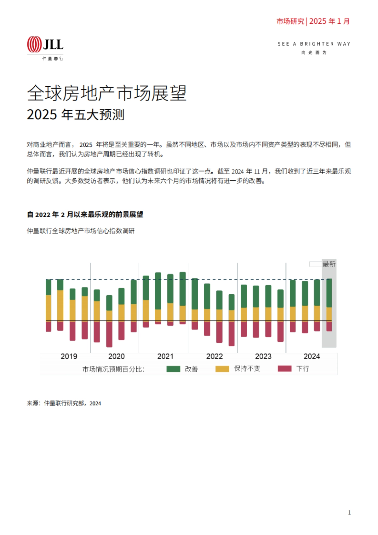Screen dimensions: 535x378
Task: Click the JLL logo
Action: point(45,44)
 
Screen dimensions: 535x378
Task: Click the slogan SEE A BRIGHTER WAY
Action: point(314,44)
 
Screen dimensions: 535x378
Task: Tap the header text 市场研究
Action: point(290,21)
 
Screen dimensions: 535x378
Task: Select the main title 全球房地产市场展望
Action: point(107,93)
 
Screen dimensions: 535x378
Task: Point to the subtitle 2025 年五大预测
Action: point(76,114)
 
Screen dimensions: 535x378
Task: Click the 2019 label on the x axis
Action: point(69,356)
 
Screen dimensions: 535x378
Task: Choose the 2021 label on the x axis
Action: point(165,356)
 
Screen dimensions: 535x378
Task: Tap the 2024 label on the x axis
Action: point(312,356)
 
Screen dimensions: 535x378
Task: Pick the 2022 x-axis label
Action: point(214,356)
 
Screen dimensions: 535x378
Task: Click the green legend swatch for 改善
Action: point(173,369)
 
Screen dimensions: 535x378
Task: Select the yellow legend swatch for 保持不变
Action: point(222,369)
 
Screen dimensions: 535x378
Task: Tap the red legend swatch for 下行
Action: point(284,369)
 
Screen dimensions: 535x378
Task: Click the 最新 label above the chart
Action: point(329,264)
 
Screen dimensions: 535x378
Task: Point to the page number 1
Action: point(349,513)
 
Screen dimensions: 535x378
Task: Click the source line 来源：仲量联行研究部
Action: point(64,403)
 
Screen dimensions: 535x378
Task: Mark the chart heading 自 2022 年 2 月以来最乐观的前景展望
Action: point(85,215)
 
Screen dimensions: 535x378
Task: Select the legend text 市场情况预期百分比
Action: point(113,369)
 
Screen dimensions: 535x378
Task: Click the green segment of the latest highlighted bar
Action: point(329,293)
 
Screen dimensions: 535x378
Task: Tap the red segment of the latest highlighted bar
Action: point(329,326)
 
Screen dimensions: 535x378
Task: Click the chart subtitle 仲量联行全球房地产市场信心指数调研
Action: point(81,231)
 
